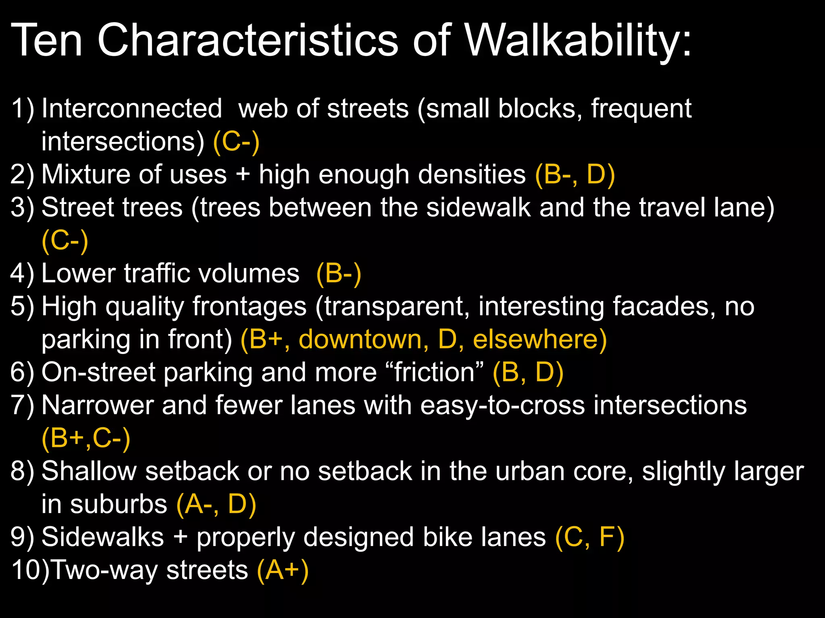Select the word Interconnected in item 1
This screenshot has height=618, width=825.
point(132,109)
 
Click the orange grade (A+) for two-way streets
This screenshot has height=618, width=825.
point(283,570)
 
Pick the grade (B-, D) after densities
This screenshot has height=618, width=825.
point(575,175)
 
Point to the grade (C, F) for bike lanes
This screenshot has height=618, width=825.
point(590,537)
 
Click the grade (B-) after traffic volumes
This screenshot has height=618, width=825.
point(339,274)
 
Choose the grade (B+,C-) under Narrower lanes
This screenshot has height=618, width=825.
point(86,438)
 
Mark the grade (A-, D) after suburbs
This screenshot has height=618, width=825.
point(216,504)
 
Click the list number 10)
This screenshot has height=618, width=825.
point(30,570)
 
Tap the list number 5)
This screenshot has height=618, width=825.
point(23,307)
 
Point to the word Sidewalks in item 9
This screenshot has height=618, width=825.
point(103,537)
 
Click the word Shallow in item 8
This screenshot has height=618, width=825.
point(89,471)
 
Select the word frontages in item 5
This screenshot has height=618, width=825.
point(250,307)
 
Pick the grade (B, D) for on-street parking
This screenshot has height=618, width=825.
point(528,372)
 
